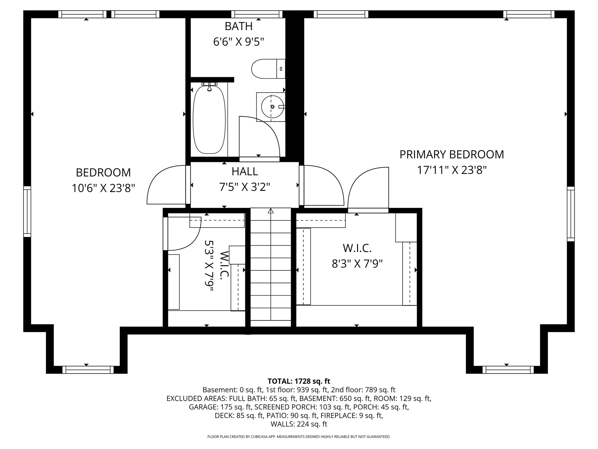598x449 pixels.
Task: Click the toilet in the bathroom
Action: pos(267,69)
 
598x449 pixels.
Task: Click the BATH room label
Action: pos(239,26)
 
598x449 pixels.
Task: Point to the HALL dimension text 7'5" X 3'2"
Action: pos(244,187)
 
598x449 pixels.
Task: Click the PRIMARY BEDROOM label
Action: pos(451,154)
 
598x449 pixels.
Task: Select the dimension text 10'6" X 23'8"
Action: pos(103,188)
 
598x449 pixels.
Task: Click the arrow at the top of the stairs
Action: pos(271,210)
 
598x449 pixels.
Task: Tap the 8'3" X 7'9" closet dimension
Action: pos(357,264)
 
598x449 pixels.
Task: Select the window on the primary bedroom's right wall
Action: pos(571,214)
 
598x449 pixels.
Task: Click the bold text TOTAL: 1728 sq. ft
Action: pos(299,381)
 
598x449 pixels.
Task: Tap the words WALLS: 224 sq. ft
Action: pos(299,424)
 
